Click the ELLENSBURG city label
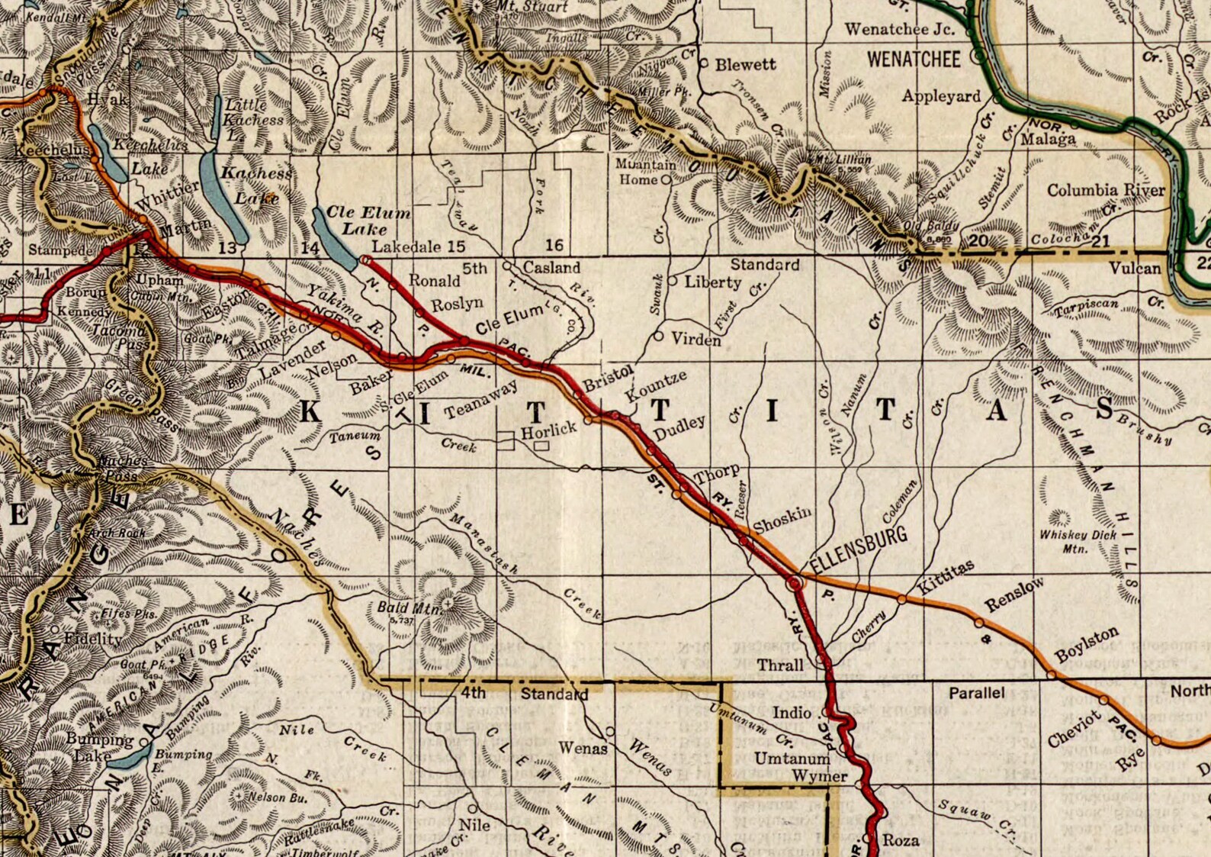[859, 549]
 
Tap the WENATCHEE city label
[914, 60]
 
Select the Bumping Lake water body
[130, 755]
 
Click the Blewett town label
[745, 65]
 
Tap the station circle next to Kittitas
[901, 600]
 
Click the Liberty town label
[712, 282]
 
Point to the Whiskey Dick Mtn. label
[1077, 541]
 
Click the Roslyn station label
[458, 304]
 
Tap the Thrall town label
[779, 665]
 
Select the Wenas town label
[583, 748]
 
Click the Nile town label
[474, 825]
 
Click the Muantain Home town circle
[665, 180]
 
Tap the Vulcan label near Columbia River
[1135, 268]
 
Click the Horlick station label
[548, 430]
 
